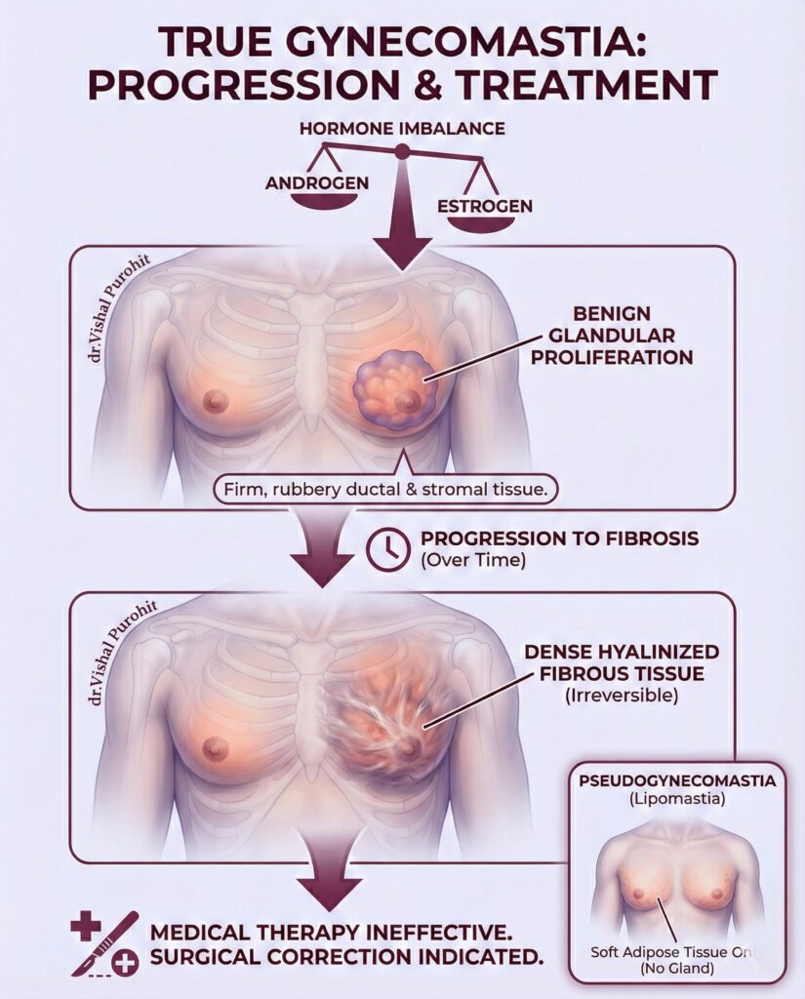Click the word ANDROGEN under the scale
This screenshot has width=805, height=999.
303,182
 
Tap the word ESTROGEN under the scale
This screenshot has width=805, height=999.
485,206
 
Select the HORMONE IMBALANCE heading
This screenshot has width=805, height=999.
402,129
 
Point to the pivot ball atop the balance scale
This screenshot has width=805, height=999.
401,150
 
